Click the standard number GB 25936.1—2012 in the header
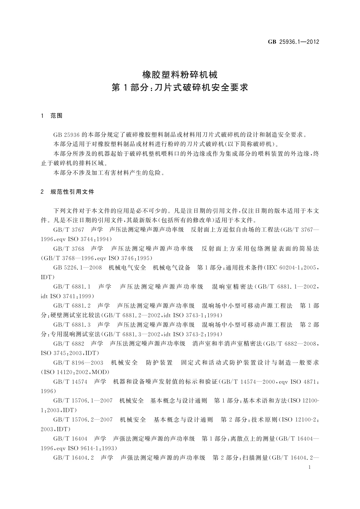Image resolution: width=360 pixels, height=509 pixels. tap(294, 42)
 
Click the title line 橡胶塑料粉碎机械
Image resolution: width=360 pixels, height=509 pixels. tap(180, 74)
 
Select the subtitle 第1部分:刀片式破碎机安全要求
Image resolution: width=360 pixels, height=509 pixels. tap(180, 88)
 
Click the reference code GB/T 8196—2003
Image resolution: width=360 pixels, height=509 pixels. tap(78, 363)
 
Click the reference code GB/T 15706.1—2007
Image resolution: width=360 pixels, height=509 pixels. tap(83, 401)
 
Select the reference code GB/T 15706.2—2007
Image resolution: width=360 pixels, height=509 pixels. tap(83, 420)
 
